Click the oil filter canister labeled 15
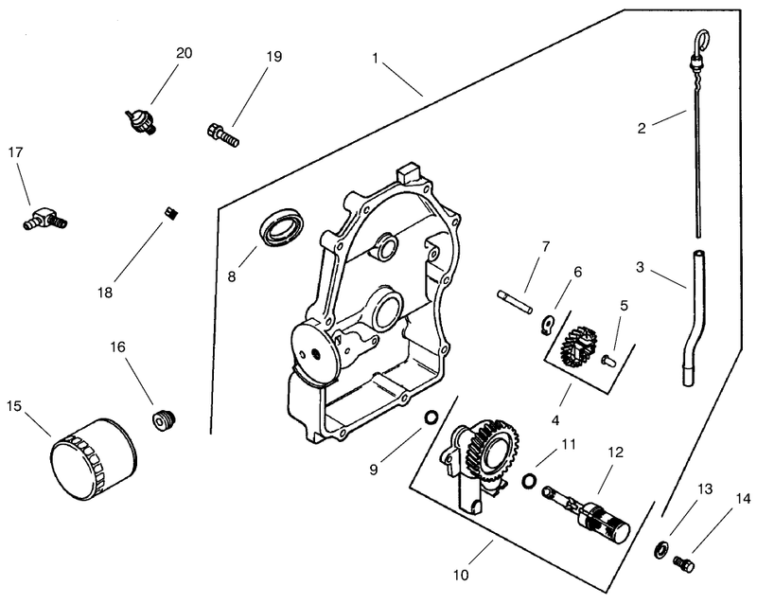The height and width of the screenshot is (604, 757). click(x=93, y=459)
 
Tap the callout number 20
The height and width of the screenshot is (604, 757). click(x=184, y=53)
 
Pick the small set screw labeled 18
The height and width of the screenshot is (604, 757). click(x=169, y=213)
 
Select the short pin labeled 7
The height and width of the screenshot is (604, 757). click(x=515, y=301)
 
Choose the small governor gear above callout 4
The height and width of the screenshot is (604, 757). click(x=575, y=346)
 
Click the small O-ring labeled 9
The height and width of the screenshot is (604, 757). click(x=431, y=417)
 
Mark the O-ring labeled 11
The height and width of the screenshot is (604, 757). click(x=530, y=481)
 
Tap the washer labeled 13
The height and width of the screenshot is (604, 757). click(x=660, y=550)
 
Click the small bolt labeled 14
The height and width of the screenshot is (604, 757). click(x=683, y=564)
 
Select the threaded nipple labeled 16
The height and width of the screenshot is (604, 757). click(x=164, y=421)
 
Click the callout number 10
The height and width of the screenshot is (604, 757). click(x=461, y=575)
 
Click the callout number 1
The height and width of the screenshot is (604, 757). click(x=375, y=58)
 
